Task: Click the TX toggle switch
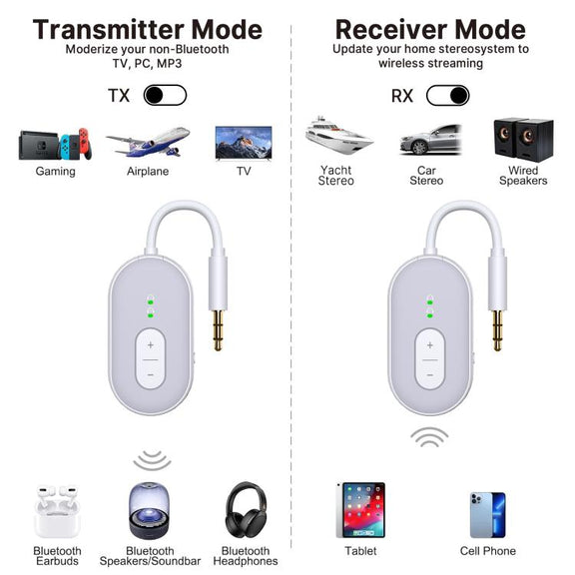[165, 96]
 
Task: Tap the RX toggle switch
[448, 96]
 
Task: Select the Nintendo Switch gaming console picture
[55, 144]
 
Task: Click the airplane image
[148, 142]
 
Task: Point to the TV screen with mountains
[244, 143]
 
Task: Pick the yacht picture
[338, 135]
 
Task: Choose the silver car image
[430, 140]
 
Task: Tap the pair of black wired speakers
[523, 140]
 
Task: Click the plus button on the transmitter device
[151, 345]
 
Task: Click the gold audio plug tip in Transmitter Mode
[218, 330]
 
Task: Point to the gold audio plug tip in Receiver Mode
[497, 330]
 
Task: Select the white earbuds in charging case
[57, 511]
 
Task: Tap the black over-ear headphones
[246, 510]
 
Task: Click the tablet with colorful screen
[360, 510]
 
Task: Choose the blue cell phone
[488, 515]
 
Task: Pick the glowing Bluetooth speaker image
[150, 510]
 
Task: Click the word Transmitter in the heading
[109, 29]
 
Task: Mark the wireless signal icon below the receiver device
[429, 436]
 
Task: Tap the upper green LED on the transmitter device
[150, 301]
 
